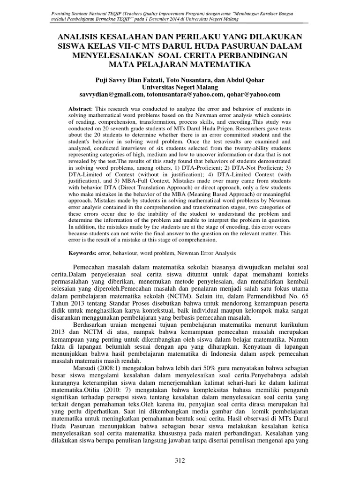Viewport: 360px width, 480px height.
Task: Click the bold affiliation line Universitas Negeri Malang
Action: click(x=180, y=87)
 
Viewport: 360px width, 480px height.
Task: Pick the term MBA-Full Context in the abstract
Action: click(x=150, y=185)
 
